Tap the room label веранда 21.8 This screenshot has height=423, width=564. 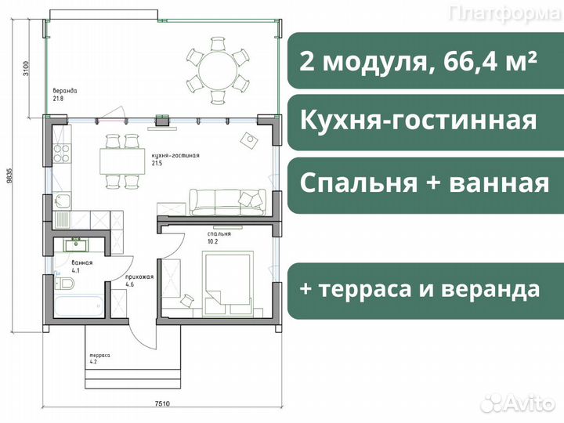click(x=63, y=95)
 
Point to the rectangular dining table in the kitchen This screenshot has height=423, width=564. click(x=122, y=161)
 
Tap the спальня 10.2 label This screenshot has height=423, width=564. click(x=219, y=237)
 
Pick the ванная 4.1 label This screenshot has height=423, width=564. click(x=81, y=266)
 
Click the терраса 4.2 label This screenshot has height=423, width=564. click(x=99, y=358)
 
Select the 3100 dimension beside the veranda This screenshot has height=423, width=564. click(x=25, y=68)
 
